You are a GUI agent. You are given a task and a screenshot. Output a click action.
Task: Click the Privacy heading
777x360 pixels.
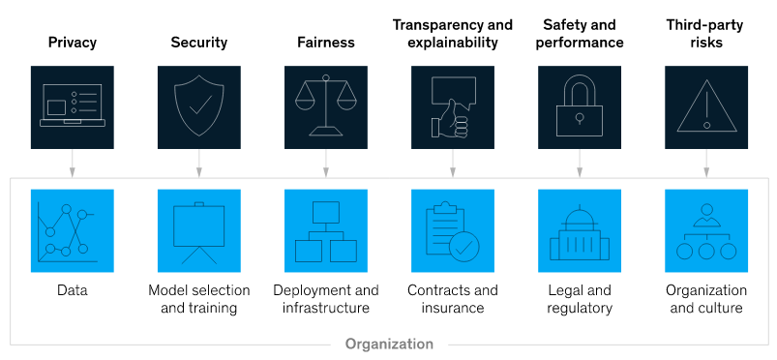tap(73, 43)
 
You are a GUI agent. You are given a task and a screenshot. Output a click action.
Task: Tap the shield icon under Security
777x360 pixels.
tap(199, 106)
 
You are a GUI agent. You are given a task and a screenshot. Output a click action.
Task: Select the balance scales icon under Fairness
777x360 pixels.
tap(326, 106)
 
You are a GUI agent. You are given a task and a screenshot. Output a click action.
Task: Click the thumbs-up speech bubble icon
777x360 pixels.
tap(453, 106)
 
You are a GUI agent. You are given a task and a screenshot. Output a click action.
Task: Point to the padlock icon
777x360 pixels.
tap(580, 106)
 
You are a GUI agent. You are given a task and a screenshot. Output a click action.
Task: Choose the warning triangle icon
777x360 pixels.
tap(706, 106)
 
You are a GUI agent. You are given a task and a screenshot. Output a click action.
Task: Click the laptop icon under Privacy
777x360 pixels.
tap(73, 106)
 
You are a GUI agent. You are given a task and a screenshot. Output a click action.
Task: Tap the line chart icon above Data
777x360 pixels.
tap(73, 230)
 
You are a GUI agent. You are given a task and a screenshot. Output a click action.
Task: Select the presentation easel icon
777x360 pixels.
tap(199, 230)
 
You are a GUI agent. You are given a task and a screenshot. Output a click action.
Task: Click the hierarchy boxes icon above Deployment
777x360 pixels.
tap(326, 230)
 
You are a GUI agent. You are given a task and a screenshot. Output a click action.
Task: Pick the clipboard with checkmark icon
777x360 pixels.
tap(453, 230)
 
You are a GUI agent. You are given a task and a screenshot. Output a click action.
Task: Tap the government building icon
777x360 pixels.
tap(580, 230)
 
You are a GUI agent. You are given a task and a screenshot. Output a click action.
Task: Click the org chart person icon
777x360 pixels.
tap(706, 230)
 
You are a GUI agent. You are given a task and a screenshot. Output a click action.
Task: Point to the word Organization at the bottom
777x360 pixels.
tap(389, 344)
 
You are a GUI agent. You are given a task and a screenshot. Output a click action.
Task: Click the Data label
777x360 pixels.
tap(73, 290)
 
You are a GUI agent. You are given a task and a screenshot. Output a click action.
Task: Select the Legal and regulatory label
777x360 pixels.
tap(580, 299)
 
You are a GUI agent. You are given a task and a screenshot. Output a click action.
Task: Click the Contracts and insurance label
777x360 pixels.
tap(453, 299)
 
